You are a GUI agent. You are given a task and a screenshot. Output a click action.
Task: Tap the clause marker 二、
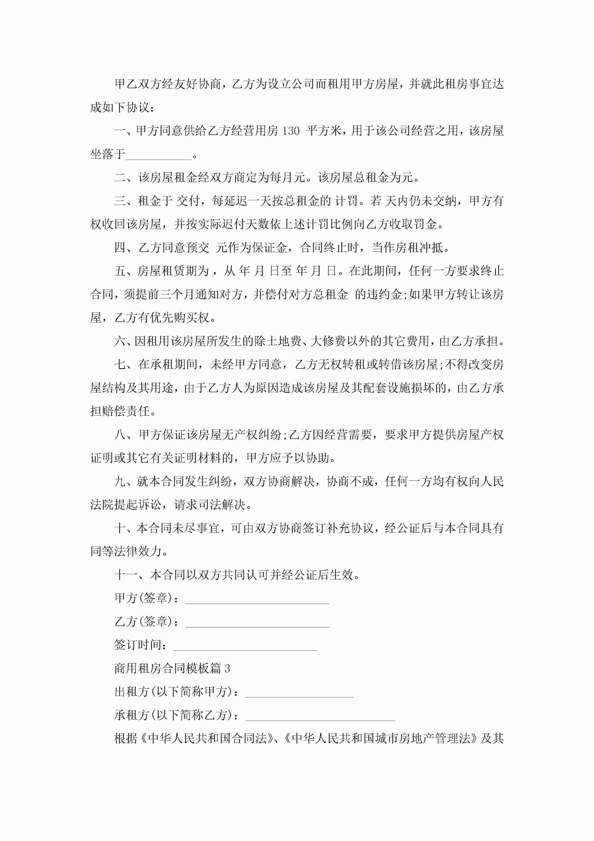pos(126,178)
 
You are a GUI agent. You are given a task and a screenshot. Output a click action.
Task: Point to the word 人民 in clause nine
pos(492,481)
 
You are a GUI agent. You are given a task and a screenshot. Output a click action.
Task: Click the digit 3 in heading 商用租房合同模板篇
pos(227,669)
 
